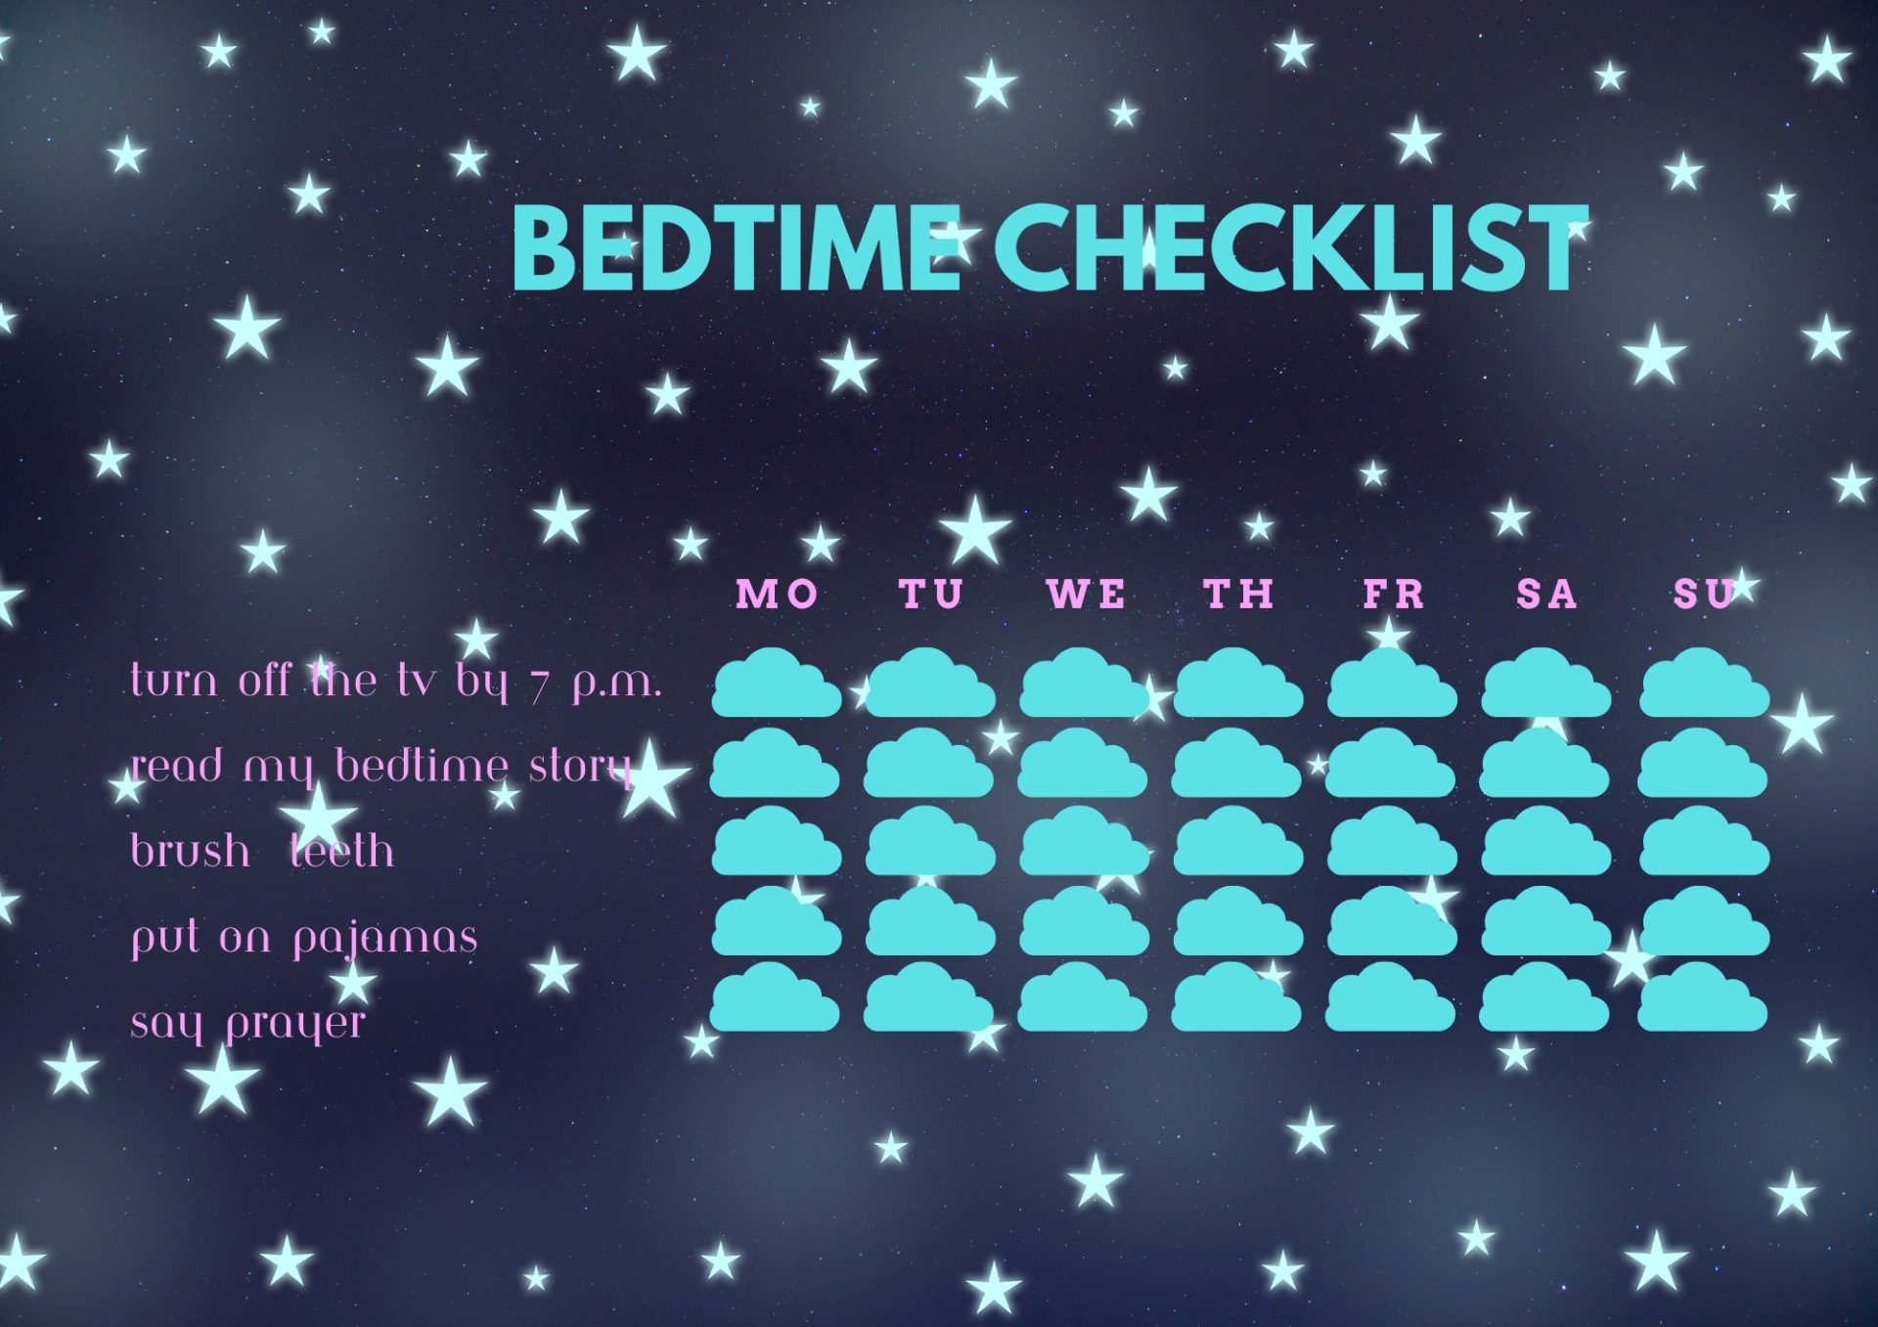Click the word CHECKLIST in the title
click(1291, 248)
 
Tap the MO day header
click(777, 594)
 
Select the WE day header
click(1086, 594)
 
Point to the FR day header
click(1393, 594)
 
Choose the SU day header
click(1704, 594)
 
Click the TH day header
click(1238, 594)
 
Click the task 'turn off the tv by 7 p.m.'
click(396, 681)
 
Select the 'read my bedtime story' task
click(381, 767)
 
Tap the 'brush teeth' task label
click(262, 851)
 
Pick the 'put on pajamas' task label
click(304, 938)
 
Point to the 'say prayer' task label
click(247, 1024)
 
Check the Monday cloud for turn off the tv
click(777, 684)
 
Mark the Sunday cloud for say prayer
click(1703, 998)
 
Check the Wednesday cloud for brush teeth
click(1084, 842)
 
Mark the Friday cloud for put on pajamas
click(1392, 922)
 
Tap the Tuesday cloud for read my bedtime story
click(929, 764)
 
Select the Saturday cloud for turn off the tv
click(1545, 684)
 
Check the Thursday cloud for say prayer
click(1236, 998)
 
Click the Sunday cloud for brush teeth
click(1704, 842)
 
